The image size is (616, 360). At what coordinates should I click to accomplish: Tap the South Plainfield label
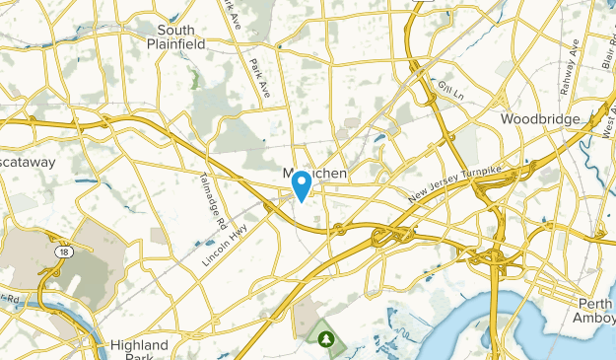click(175, 36)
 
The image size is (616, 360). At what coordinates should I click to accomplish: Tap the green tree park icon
click(326, 339)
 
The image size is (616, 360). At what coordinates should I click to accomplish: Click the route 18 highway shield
click(49, 252)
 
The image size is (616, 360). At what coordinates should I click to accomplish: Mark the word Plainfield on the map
click(175, 42)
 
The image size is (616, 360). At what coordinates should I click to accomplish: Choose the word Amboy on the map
click(594, 318)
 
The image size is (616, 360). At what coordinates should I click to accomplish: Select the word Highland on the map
click(139, 345)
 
